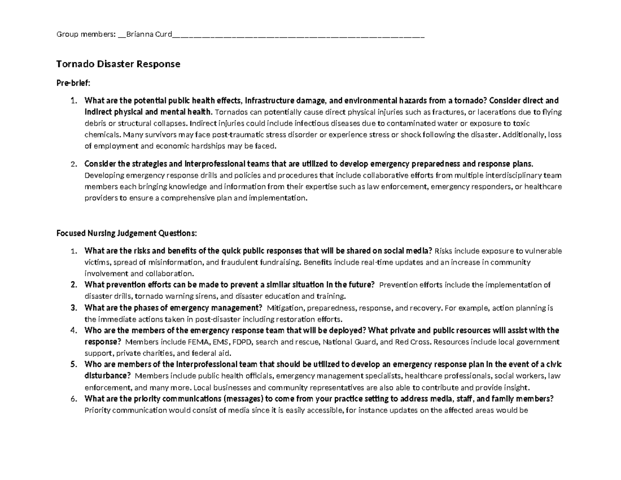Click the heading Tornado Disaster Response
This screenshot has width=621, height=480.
(118, 64)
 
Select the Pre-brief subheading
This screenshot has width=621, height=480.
(73, 83)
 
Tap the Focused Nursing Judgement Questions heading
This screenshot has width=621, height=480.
(126, 233)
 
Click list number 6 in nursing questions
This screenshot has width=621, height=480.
(73, 399)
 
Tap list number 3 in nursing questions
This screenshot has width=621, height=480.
(73, 308)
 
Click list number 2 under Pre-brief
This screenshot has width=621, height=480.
(73, 164)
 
